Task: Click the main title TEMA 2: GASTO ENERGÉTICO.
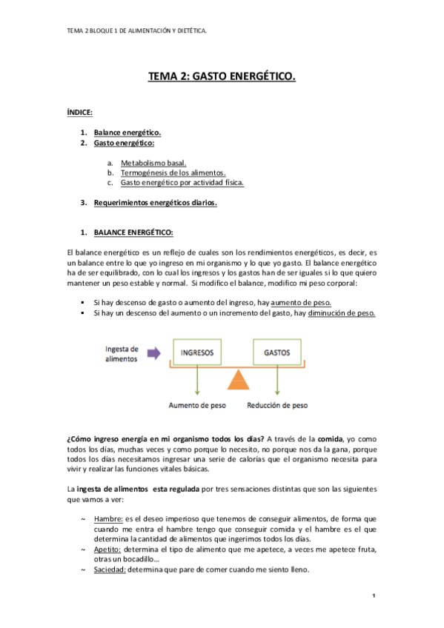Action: pos(222,76)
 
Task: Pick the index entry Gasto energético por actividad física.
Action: pos(182,182)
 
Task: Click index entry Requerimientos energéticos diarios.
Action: pos(155,203)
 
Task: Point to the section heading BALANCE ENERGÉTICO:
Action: pos(133,233)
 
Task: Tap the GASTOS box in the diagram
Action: pos(277,353)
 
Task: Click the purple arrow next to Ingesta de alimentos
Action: pos(154,353)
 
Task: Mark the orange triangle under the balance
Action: pos(237,380)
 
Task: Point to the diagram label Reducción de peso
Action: pos(277,405)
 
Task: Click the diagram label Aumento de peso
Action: pos(198,405)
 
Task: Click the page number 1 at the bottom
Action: pos(375,596)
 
